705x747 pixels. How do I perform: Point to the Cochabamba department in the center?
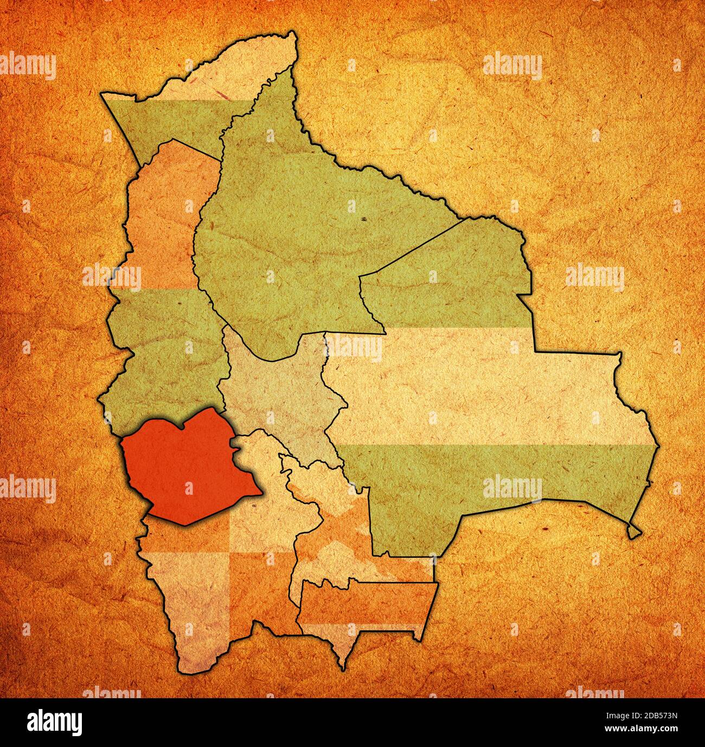[x=277, y=391]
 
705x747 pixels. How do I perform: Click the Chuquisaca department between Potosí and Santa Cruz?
[x=325, y=521]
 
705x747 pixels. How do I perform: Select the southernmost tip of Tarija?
[x=344, y=668]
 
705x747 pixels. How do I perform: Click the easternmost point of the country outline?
[x=659, y=446]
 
